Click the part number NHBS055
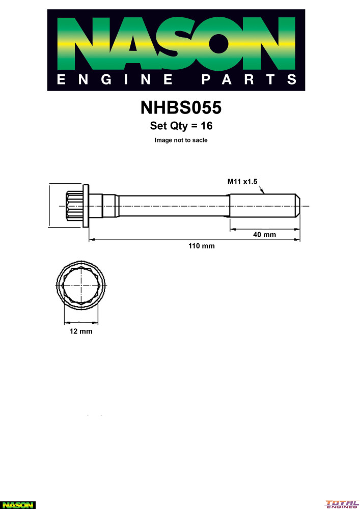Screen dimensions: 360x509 [181, 107]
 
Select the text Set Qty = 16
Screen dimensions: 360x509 [181, 126]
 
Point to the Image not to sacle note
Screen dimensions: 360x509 [181, 140]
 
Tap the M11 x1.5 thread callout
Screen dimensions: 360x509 [242, 182]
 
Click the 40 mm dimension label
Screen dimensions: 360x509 [265, 234]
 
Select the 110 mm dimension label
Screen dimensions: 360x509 [202, 246]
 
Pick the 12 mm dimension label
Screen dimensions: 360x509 [81, 331]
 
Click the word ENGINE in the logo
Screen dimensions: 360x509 [115, 79]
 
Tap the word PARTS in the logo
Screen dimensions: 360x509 [248, 79]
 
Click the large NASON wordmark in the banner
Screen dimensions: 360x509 [176, 43]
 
